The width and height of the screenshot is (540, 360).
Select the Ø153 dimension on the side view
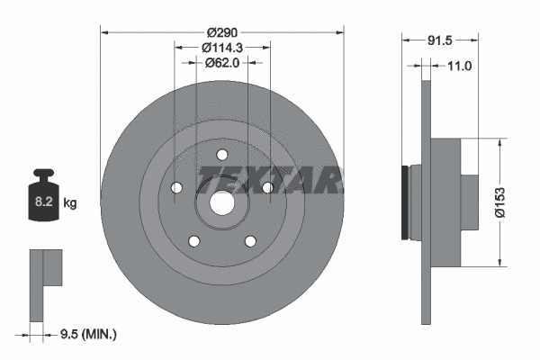click(x=513, y=203)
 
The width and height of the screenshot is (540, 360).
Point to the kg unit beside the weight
click(x=70, y=203)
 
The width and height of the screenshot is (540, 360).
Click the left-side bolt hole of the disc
click(x=176, y=187)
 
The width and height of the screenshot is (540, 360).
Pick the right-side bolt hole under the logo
click(x=267, y=187)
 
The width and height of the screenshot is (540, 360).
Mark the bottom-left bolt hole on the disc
click(x=193, y=240)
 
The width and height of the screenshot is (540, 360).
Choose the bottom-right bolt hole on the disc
click(x=250, y=240)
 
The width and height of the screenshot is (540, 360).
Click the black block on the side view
click(x=405, y=202)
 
